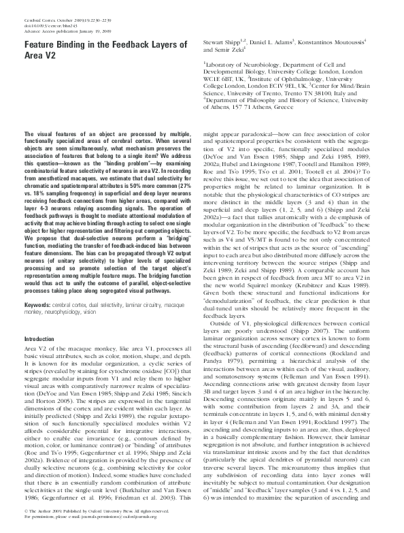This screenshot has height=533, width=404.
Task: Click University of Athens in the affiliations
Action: pos(231,126)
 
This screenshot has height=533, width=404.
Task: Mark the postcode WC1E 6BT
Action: pos(224,97)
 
